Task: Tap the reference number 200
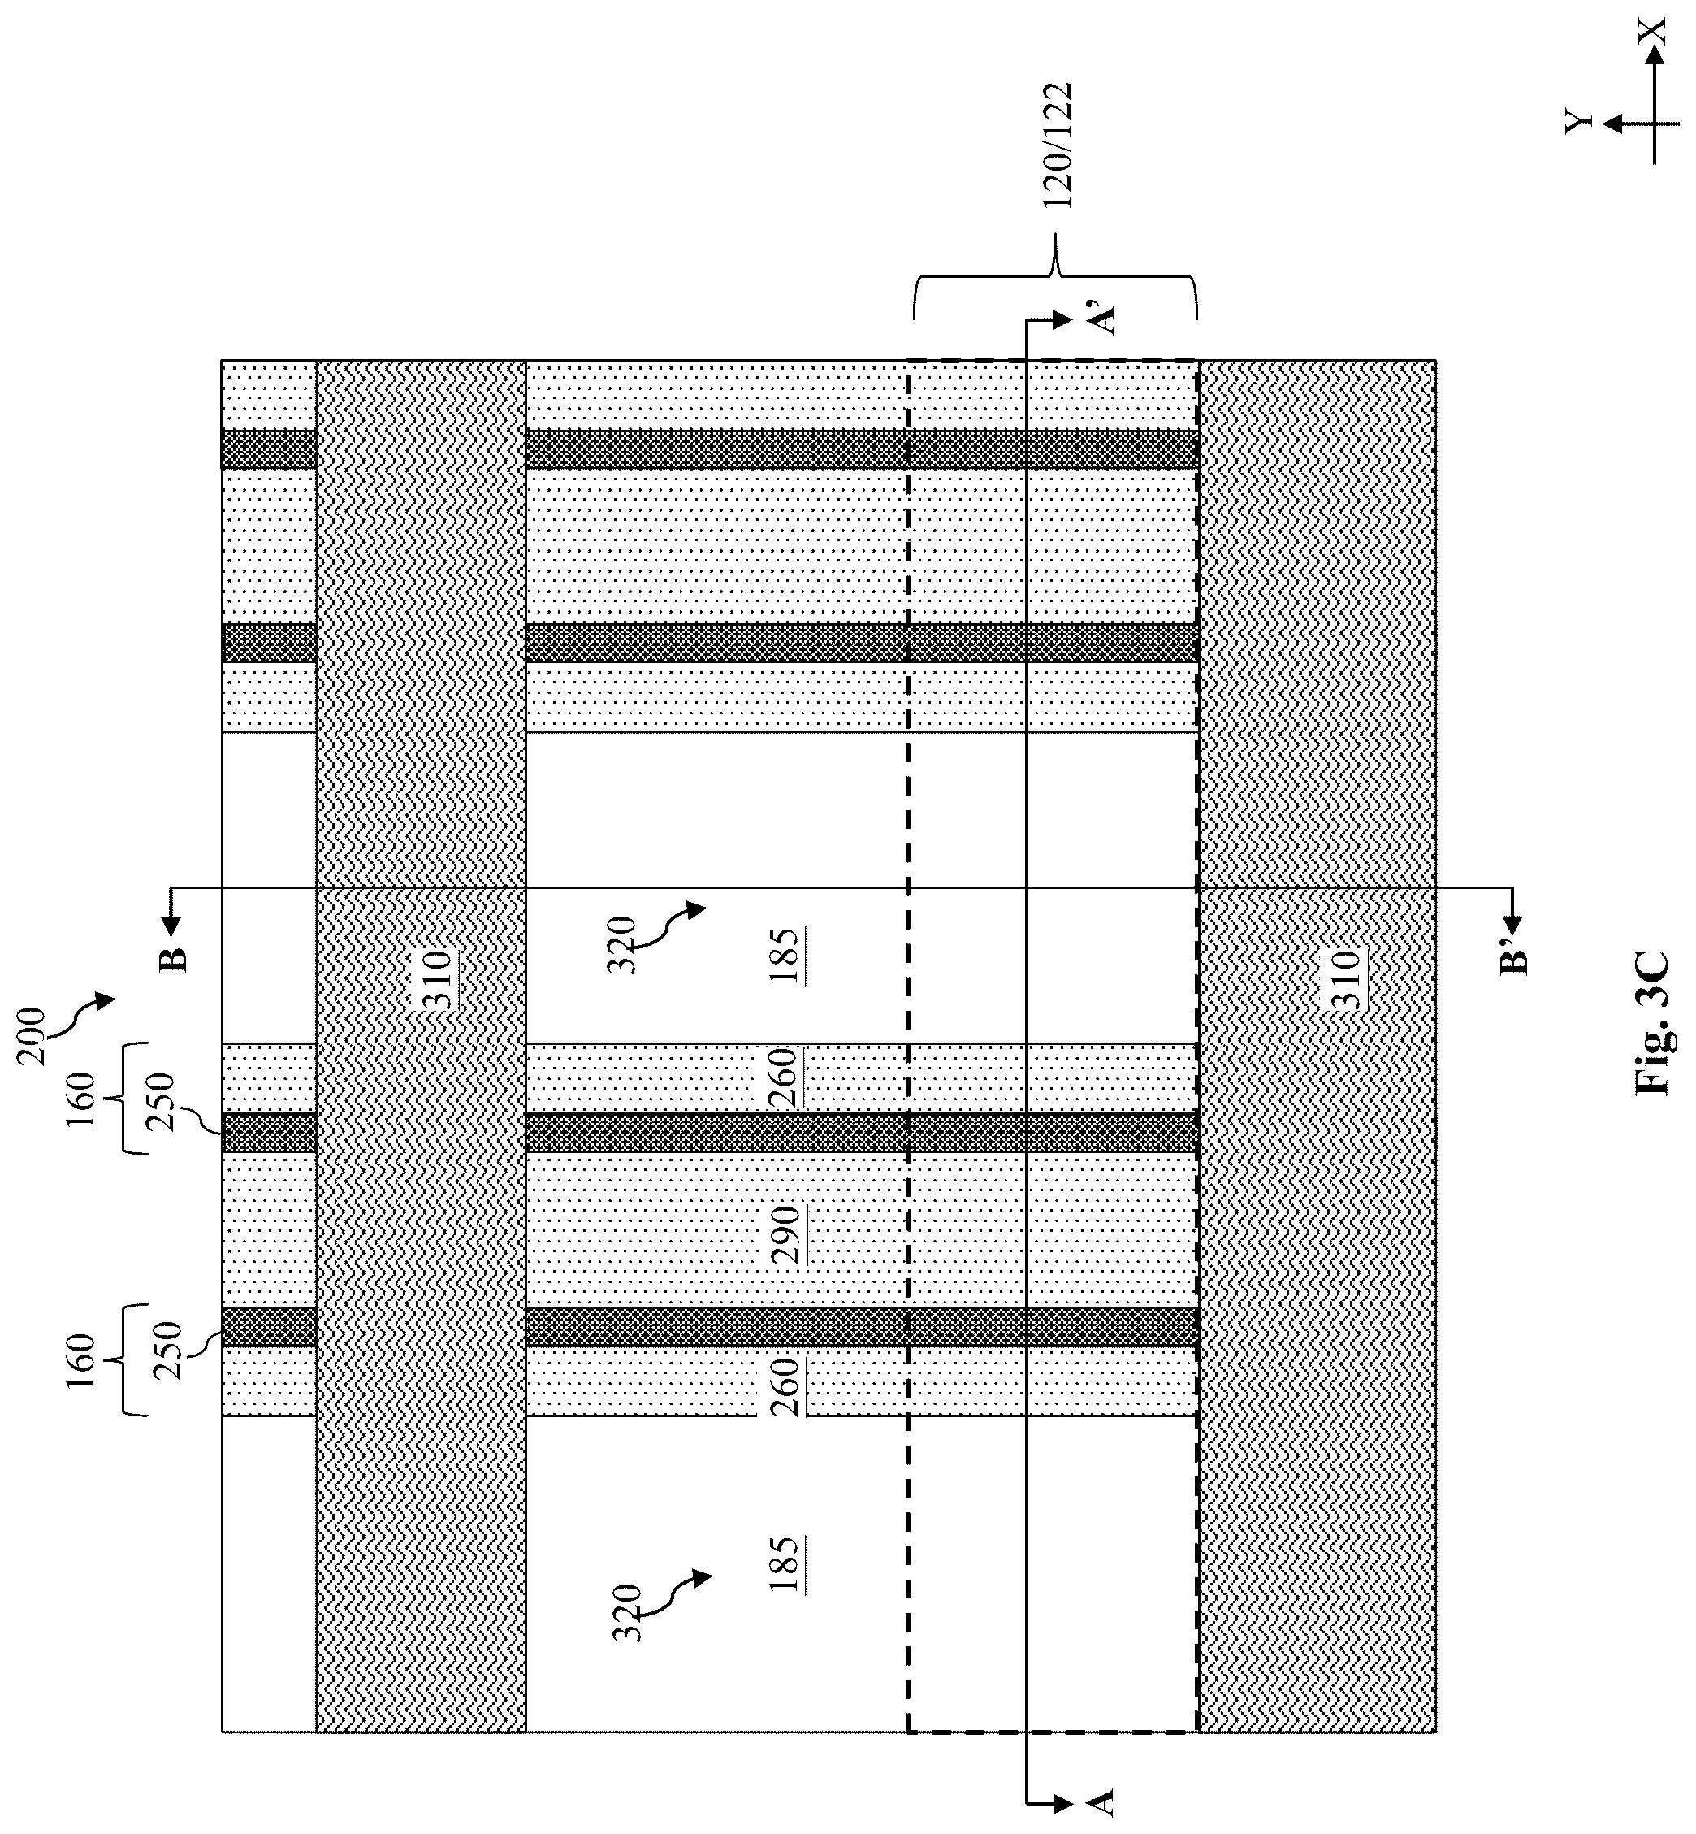[x=33, y=1036]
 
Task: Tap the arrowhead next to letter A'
[x=1062, y=319]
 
